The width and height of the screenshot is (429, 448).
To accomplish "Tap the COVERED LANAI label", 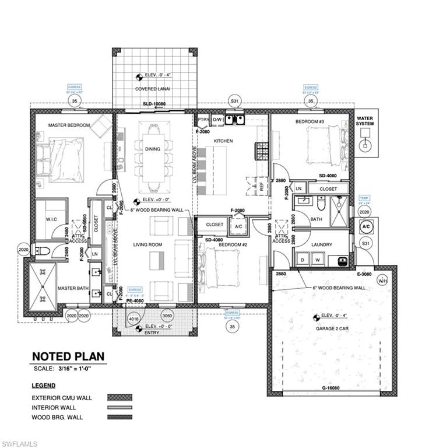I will tap(153, 89).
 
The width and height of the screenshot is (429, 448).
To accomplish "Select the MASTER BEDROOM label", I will tap(69, 125).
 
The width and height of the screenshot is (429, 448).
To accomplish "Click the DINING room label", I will tap(153, 149).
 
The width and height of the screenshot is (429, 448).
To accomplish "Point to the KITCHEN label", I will tap(223, 142).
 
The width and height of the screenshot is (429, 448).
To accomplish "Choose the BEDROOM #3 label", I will tap(310, 121).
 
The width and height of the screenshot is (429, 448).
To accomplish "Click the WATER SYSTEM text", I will tap(366, 123).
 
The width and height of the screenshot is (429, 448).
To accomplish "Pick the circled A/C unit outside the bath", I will tap(365, 226).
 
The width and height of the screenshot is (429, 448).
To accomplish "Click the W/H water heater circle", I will tap(383, 279).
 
